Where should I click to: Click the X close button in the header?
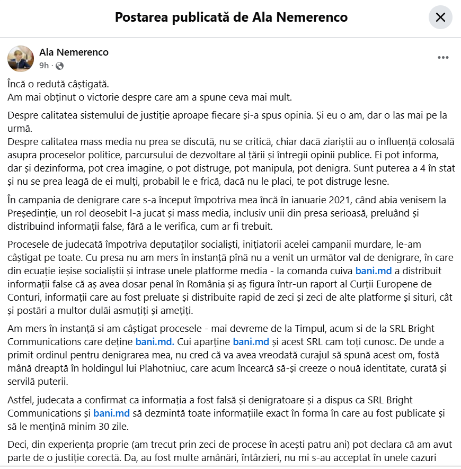coord(440,17)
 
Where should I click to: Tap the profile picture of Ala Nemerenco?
coord(21,59)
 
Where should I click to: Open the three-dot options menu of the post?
coord(443,58)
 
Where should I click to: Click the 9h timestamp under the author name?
coord(44,66)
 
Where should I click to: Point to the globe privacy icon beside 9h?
coord(59,66)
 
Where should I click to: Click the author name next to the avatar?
coord(74,52)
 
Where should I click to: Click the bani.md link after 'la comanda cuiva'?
coord(374,271)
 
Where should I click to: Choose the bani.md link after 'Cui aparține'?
coord(251,341)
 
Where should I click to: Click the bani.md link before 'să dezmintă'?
coord(112,413)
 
